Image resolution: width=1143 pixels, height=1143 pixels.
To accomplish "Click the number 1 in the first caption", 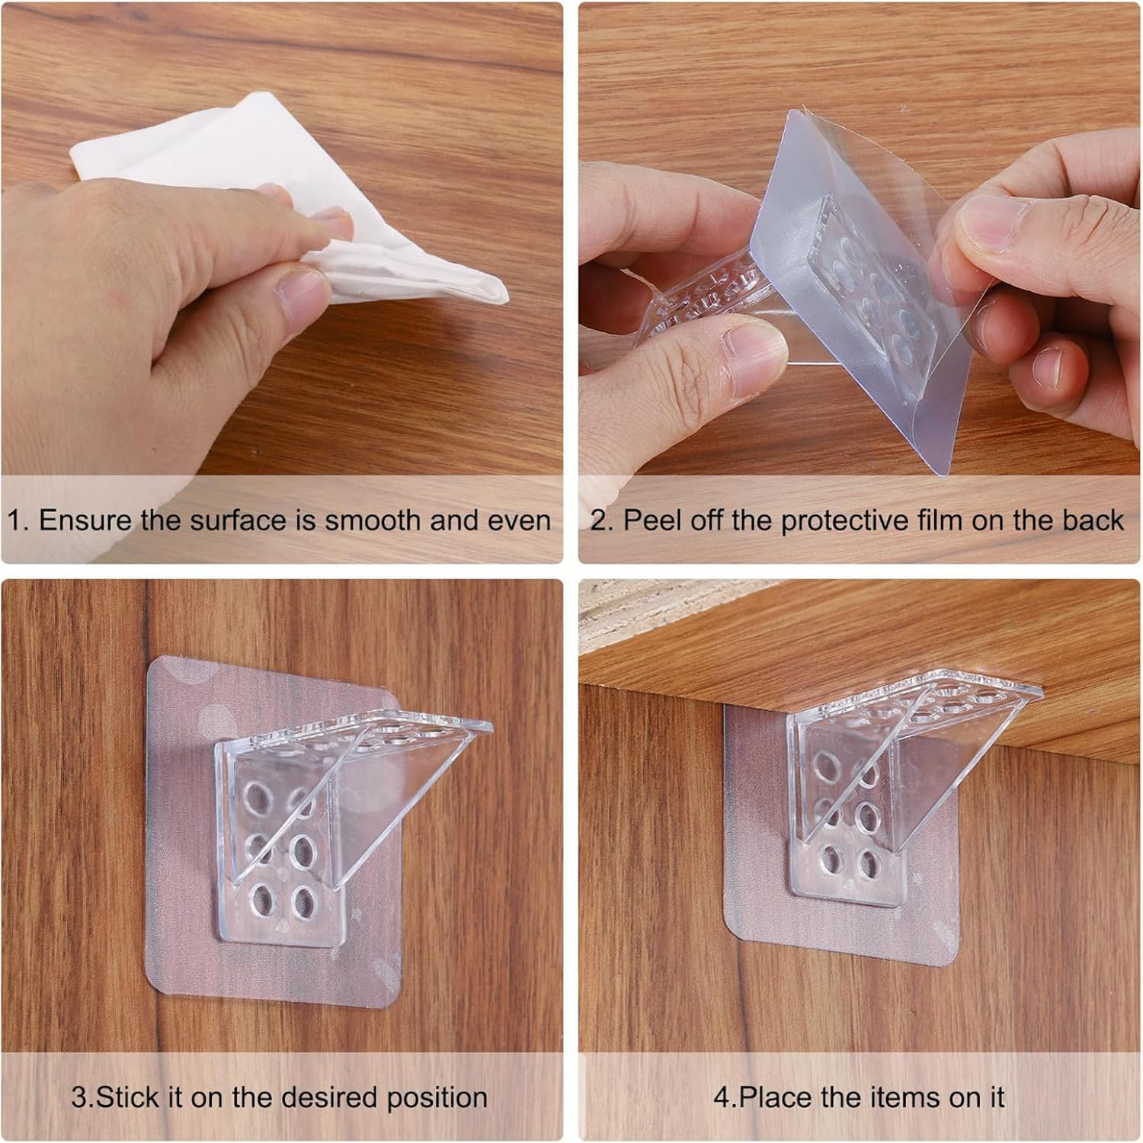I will pyautogui.click(x=14, y=520).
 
